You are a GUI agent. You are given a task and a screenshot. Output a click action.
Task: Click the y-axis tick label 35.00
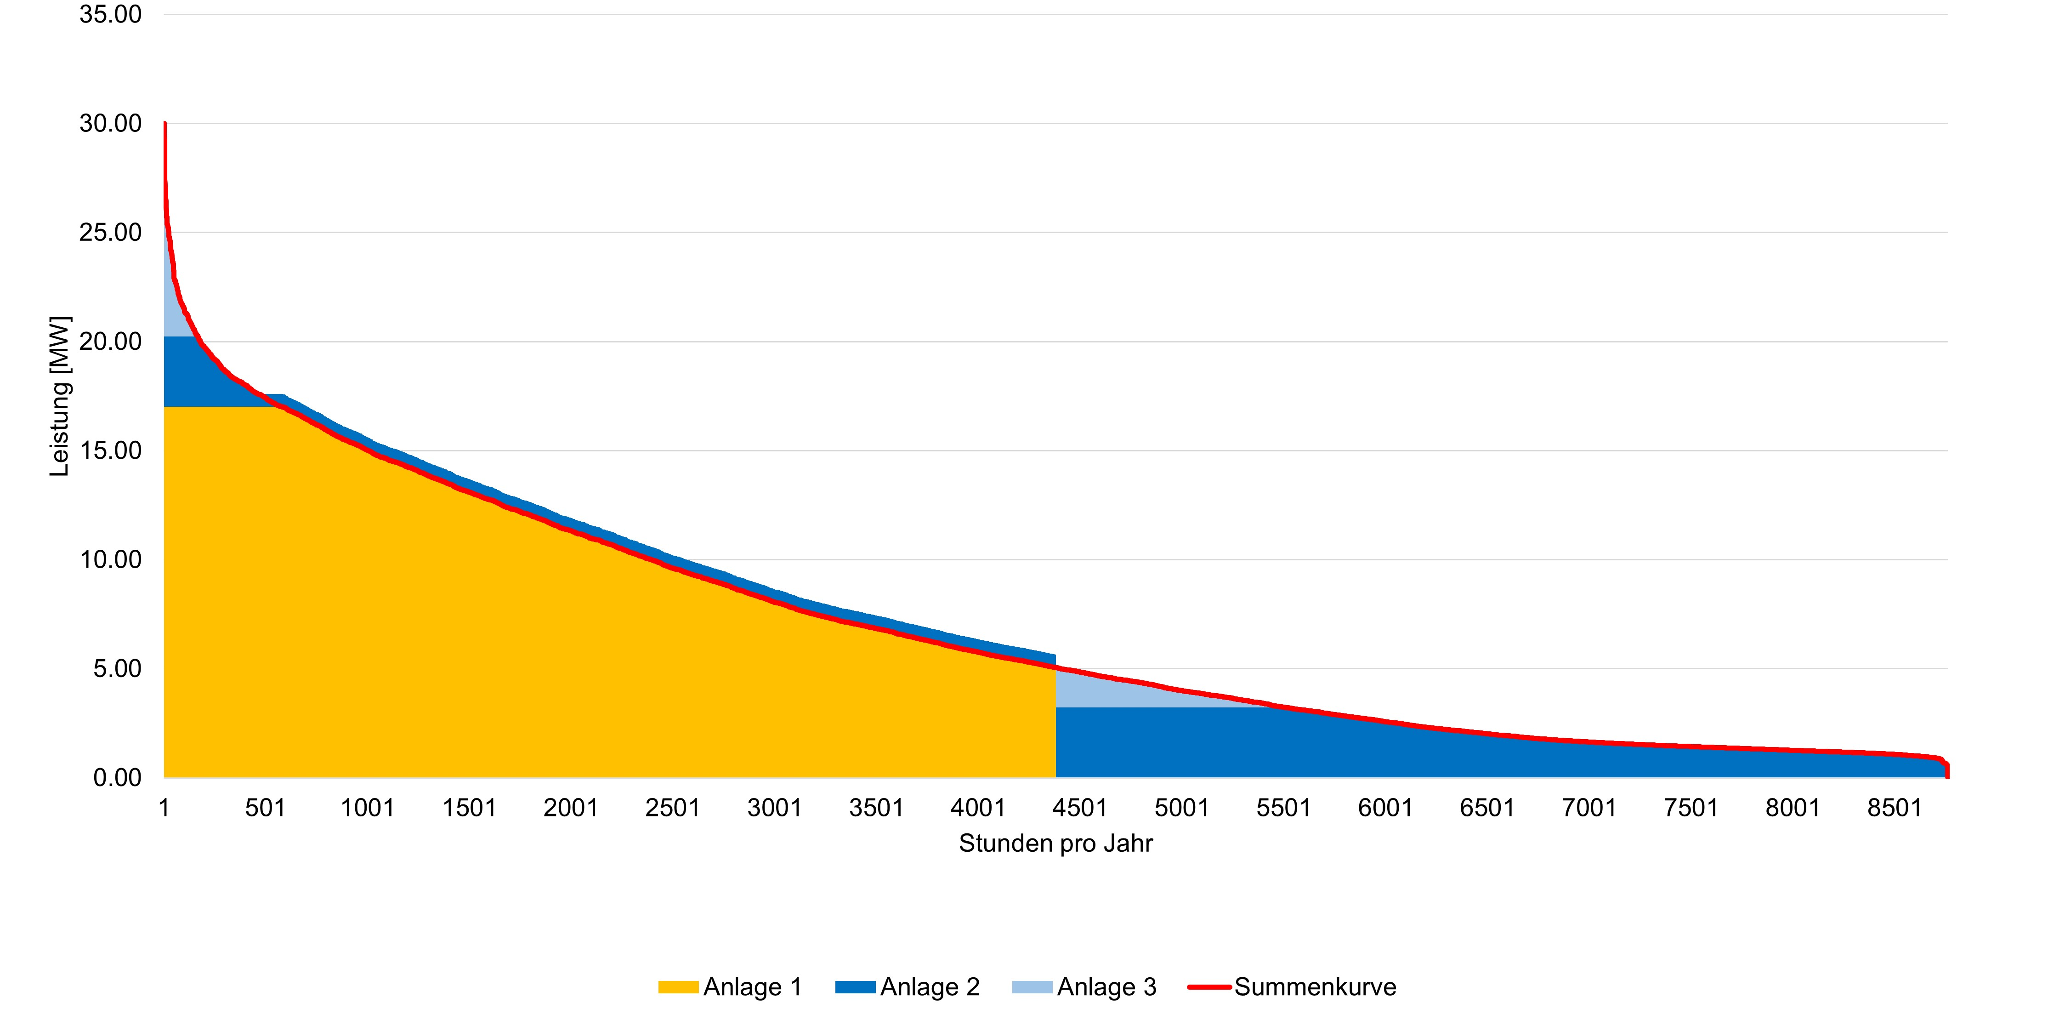pyautogui.click(x=110, y=14)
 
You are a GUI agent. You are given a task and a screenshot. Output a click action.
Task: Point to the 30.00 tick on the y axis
pyautogui.click(x=110, y=123)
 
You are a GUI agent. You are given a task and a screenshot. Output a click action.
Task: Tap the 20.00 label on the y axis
pyautogui.click(x=110, y=342)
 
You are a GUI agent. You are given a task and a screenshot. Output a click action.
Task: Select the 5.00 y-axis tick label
pyautogui.click(x=118, y=669)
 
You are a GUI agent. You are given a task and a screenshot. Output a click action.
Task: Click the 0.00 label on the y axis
pyautogui.click(x=118, y=777)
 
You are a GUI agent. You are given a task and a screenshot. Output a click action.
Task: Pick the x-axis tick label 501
pyautogui.click(x=266, y=808)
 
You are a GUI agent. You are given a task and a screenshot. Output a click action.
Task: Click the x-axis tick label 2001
pyautogui.click(x=571, y=808)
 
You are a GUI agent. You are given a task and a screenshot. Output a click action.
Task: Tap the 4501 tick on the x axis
pyautogui.click(x=1080, y=808)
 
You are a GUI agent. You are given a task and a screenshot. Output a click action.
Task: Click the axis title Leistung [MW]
pyautogui.click(x=60, y=396)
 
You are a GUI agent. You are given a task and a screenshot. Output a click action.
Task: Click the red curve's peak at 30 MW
pyautogui.click(x=165, y=123)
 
